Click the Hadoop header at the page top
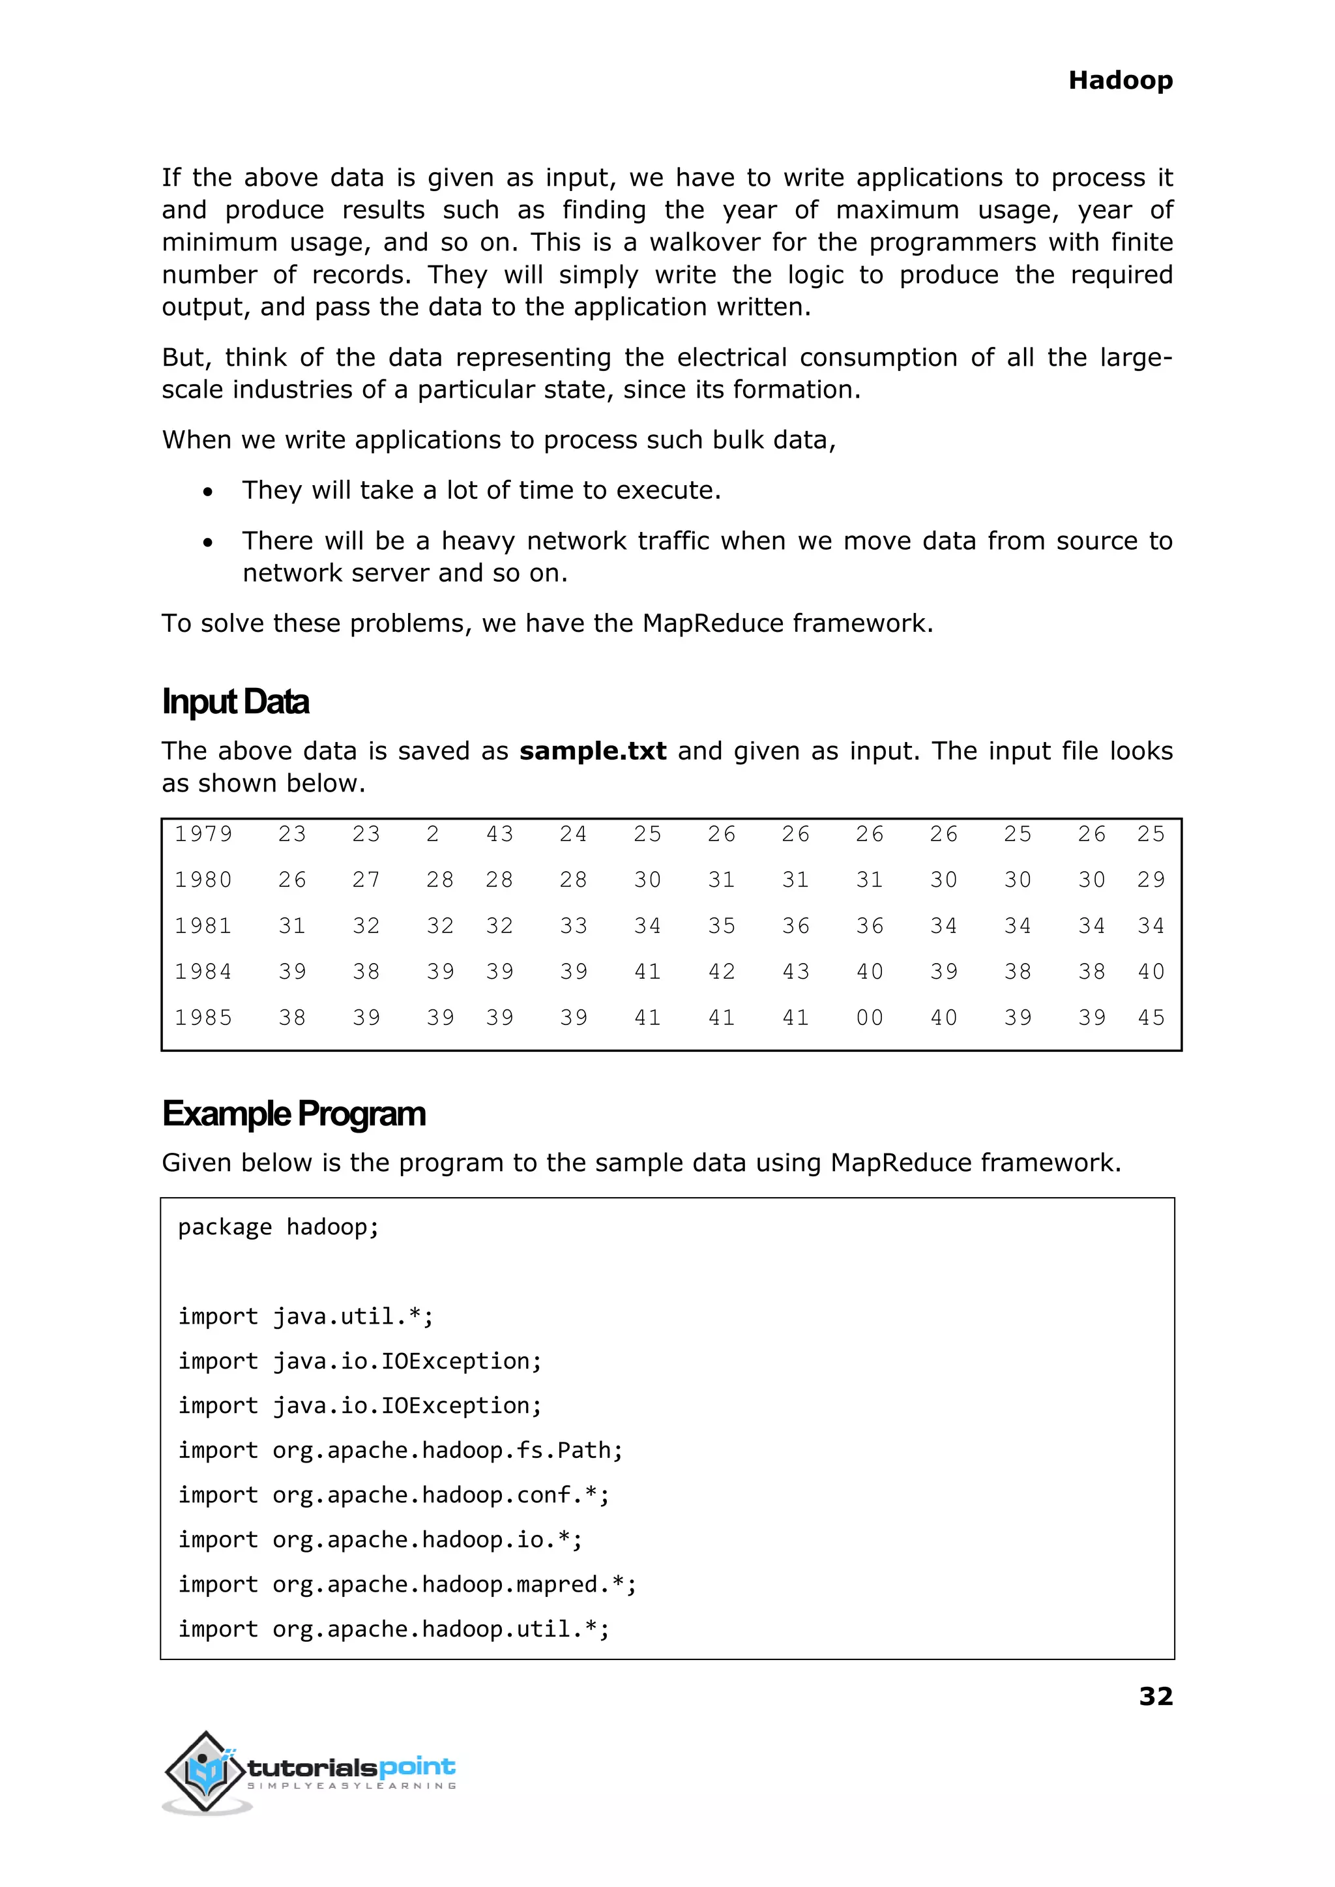1120,81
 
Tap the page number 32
1155,1696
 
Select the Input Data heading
235,702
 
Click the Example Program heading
293,1114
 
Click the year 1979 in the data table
203,835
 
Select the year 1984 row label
203,972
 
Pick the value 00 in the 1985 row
869,1018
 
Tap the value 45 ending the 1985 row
1151,1018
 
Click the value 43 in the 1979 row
499,835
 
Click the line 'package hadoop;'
279,1228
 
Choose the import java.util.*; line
306,1317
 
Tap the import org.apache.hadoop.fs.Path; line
400,1450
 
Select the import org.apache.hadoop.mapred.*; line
407,1584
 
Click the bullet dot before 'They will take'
208,492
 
